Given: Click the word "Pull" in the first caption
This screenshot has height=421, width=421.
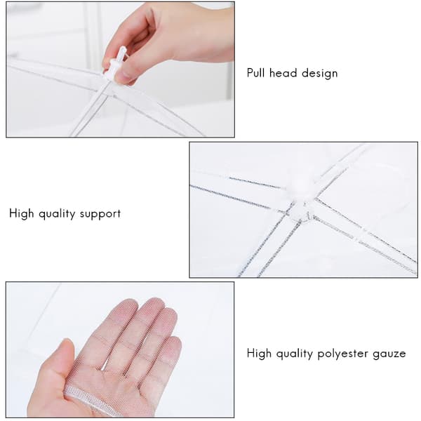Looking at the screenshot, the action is pos(256,73).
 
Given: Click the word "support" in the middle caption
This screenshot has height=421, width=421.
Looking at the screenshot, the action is pos(100,215).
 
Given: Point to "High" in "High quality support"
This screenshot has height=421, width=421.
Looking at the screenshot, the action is pos(22,214).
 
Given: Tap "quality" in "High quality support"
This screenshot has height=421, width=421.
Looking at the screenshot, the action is pos(57,214).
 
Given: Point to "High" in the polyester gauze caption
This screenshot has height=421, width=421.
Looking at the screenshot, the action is pos(259,354).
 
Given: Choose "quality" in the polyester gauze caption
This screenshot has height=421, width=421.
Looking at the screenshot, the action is pos(295,354).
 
